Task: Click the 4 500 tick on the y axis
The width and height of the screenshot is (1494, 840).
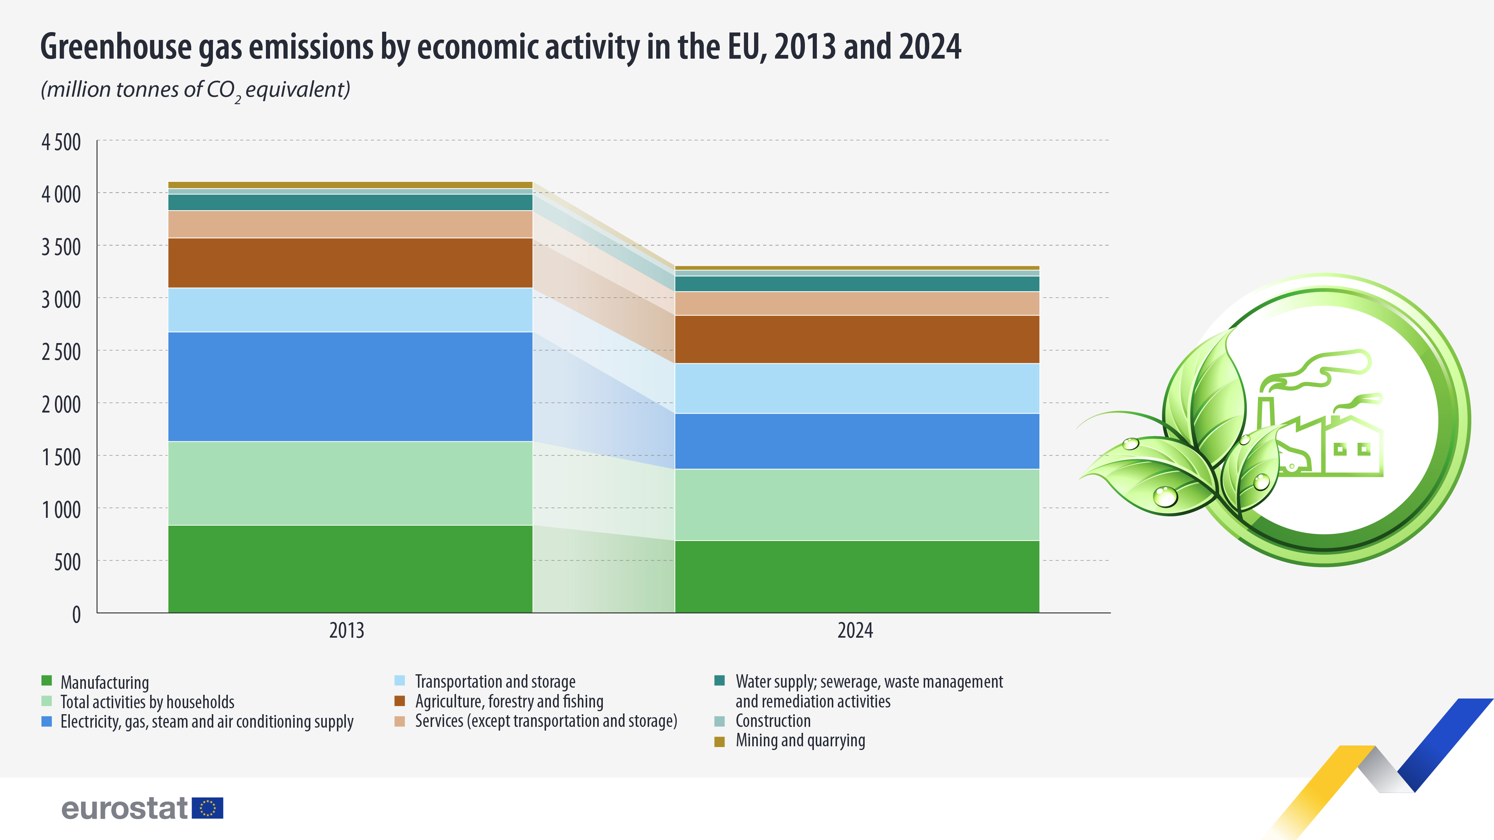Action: (61, 142)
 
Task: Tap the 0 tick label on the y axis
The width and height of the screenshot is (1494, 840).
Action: (76, 615)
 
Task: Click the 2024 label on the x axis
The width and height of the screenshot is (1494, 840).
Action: (855, 631)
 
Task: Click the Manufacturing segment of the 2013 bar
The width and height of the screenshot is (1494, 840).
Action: (350, 569)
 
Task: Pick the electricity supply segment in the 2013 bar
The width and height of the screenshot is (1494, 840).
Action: (350, 387)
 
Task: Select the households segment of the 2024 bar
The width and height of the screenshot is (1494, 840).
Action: (856, 504)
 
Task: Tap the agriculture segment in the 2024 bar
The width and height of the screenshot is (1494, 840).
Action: (856, 339)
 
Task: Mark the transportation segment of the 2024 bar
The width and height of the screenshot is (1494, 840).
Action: (856, 388)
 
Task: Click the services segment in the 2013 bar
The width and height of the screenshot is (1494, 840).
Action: (350, 224)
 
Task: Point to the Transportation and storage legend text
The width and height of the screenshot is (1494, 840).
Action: (495, 682)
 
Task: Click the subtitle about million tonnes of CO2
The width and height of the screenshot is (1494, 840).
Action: (195, 90)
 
